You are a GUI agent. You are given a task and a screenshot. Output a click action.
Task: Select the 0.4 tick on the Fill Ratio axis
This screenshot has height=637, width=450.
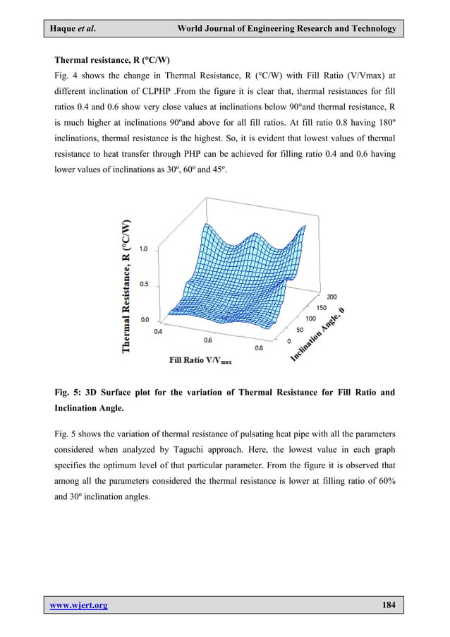click(158, 331)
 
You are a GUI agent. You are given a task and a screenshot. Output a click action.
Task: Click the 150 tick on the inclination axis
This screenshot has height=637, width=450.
click(322, 308)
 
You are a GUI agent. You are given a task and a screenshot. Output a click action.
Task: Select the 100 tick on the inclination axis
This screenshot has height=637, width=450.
click(310, 319)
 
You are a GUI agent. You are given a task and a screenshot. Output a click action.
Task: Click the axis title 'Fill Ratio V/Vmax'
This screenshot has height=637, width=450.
click(200, 359)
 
